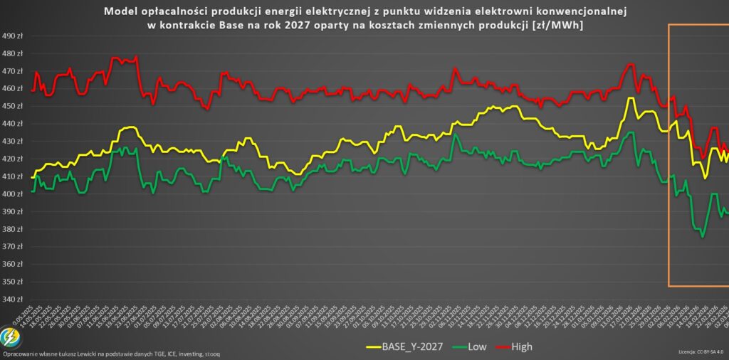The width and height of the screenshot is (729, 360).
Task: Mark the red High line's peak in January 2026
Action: pyautogui.click(x=629, y=65)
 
